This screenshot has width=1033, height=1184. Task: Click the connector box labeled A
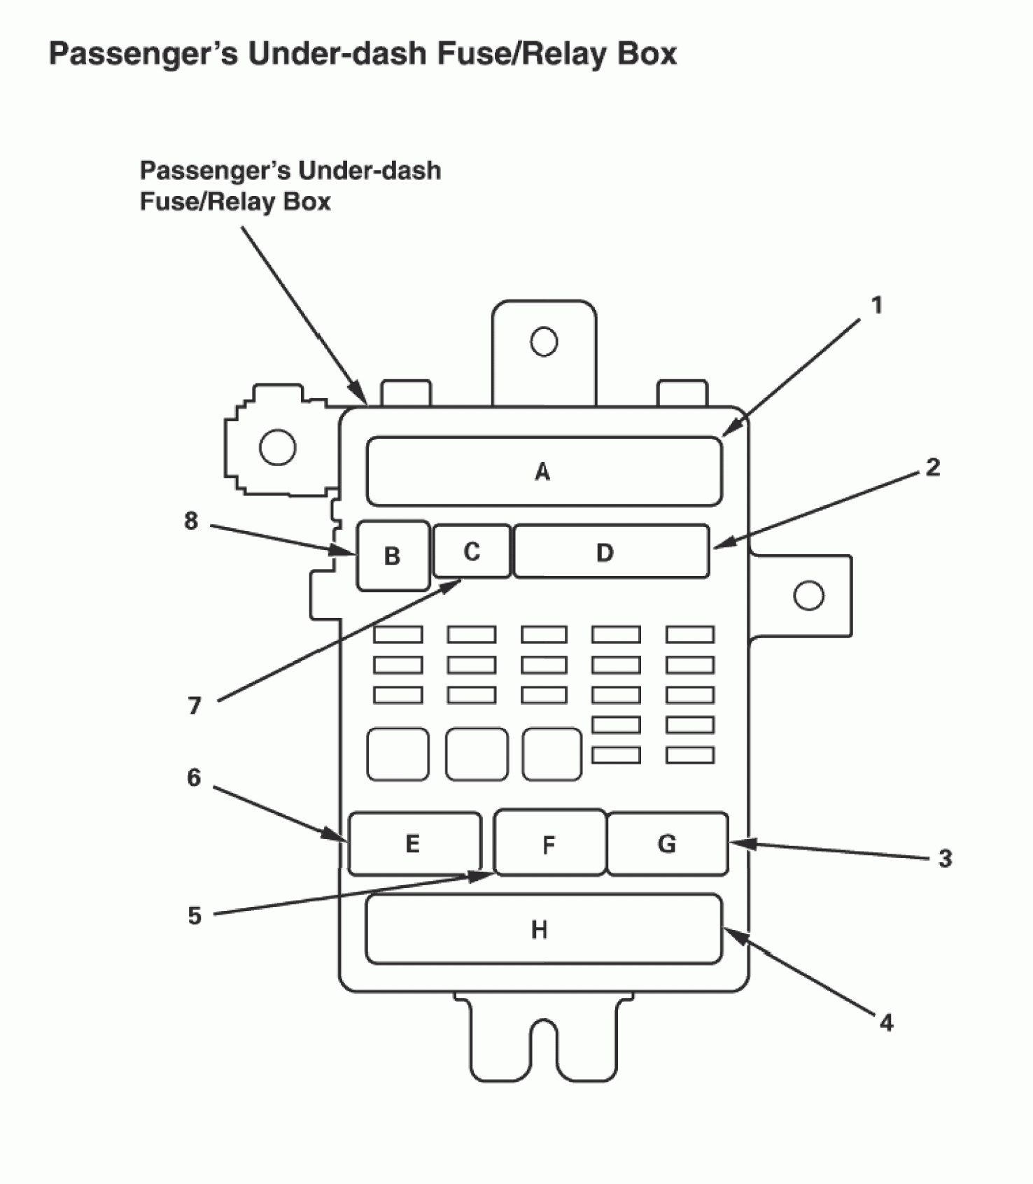point(544,471)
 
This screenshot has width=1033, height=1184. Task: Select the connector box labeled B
point(393,556)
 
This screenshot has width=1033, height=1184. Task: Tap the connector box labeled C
point(472,551)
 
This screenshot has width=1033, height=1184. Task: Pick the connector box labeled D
point(611,552)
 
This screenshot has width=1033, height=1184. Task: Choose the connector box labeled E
point(414,843)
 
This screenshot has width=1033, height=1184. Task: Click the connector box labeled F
point(549,843)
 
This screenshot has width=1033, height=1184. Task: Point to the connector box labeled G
point(667,843)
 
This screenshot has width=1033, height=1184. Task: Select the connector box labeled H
point(543,929)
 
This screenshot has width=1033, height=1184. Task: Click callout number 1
point(876,306)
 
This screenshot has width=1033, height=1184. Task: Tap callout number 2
point(933,467)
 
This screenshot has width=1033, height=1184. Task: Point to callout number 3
point(945,859)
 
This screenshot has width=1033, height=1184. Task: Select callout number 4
point(886,1023)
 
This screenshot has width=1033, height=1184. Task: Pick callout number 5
point(195,916)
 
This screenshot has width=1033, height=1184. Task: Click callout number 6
point(194,777)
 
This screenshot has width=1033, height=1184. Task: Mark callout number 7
point(195,705)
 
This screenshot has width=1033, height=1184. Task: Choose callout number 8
point(191,521)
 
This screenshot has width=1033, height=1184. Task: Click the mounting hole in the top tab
point(544,342)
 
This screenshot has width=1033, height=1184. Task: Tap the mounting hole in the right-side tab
point(809,595)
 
